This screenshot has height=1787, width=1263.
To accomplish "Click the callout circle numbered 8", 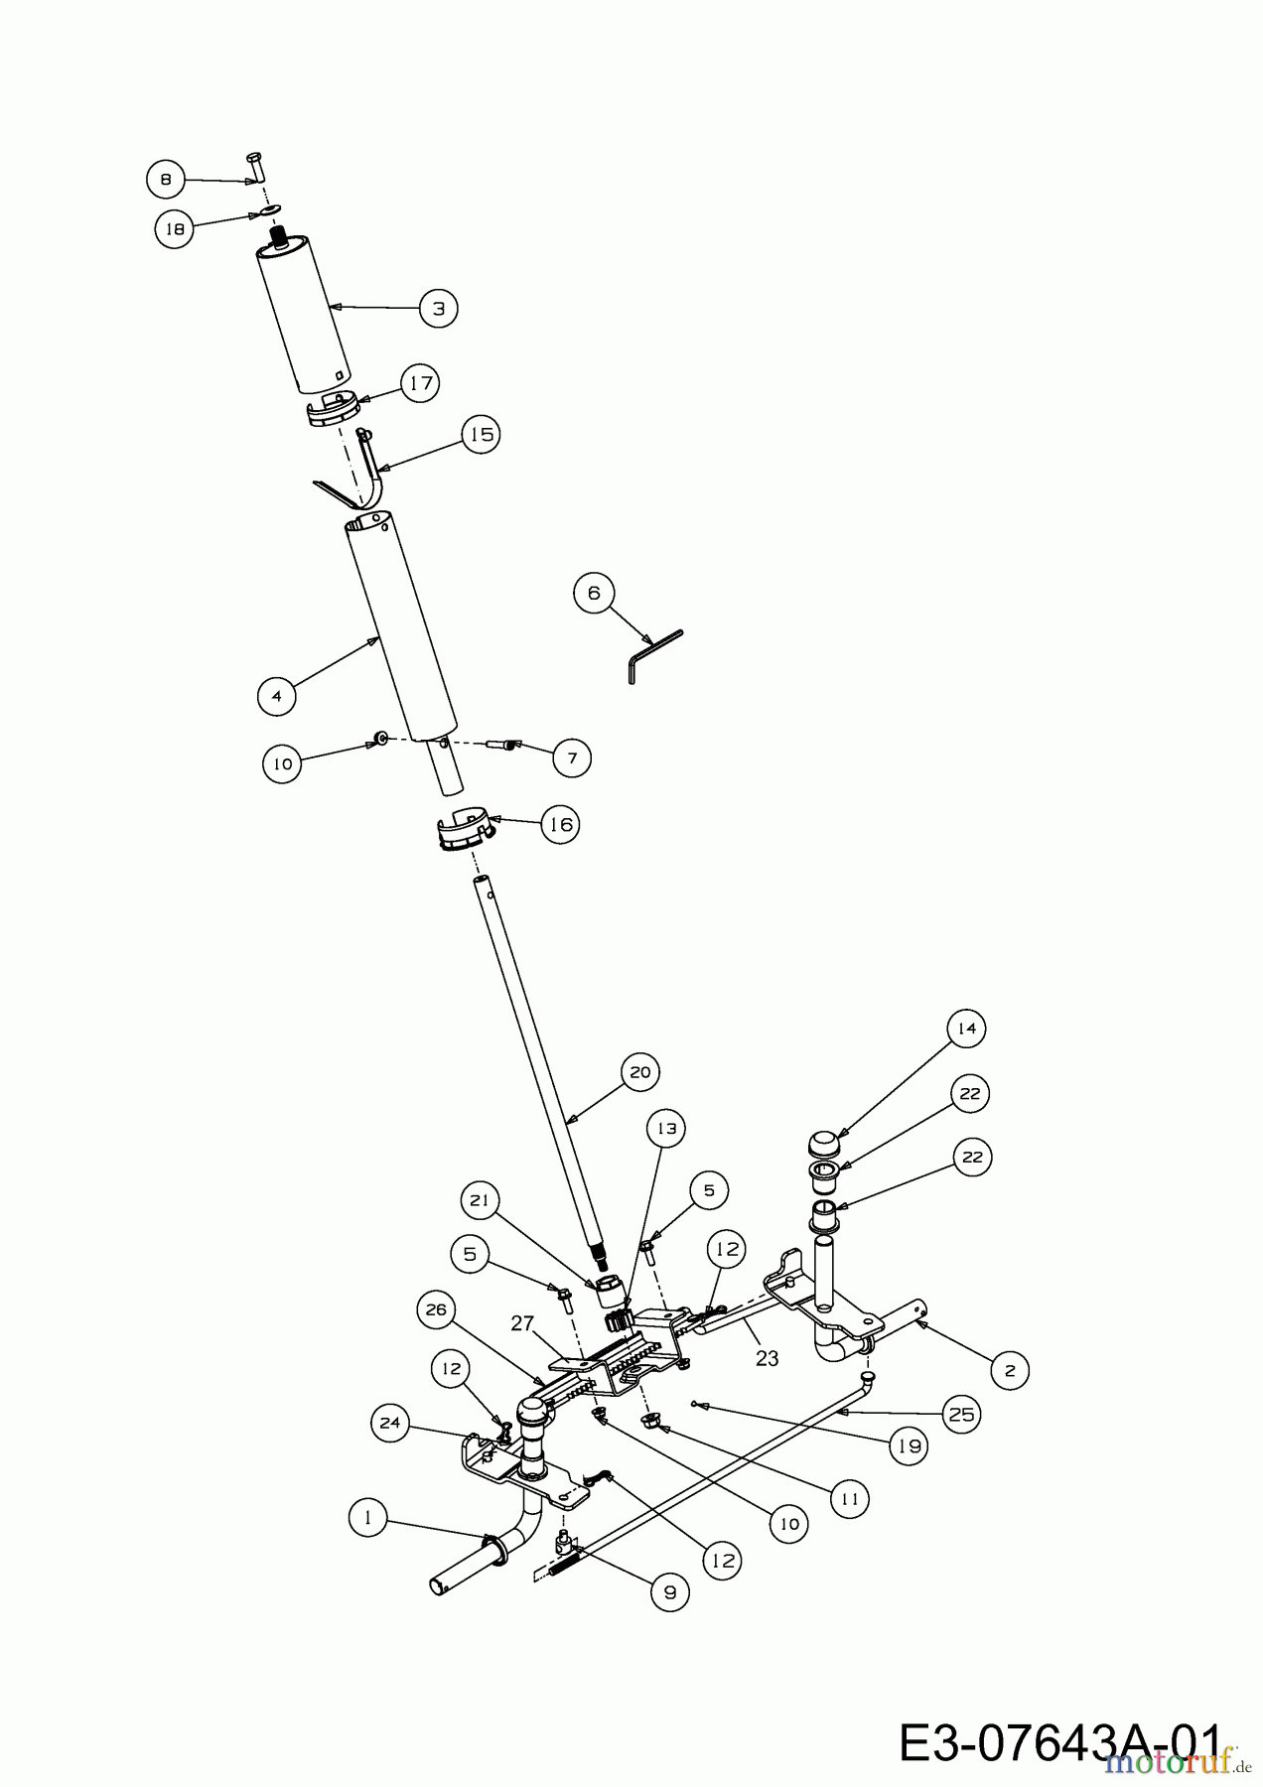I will tap(165, 180).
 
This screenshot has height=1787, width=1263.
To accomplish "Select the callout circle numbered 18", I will tap(174, 229).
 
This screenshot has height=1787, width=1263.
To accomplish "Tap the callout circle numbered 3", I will tap(438, 308).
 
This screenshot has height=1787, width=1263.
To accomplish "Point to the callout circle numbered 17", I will tap(420, 382).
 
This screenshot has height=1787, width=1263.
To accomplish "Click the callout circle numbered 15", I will tap(481, 434).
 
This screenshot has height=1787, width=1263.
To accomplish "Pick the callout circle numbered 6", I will tap(594, 593).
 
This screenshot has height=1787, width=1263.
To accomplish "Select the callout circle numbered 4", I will tap(276, 696).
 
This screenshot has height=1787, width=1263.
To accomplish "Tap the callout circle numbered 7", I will tap(571, 757).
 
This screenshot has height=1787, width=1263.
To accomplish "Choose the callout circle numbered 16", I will tap(560, 824).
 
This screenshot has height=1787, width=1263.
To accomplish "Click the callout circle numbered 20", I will tap(640, 1072).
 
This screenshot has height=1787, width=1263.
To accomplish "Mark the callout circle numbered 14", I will tap(966, 1029).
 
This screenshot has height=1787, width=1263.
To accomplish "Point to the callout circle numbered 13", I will tap(666, 1129).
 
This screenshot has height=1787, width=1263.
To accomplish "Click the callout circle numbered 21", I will tap(480, 1200).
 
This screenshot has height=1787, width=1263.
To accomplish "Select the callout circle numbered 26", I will tap(435, 1310).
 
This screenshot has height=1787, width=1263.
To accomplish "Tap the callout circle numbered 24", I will tap(389, 1423).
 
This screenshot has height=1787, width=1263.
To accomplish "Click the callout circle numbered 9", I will tap(669, 1592).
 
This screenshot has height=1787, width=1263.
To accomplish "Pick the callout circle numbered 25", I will tap(961, 1414).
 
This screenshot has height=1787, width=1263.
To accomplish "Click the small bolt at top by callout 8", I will tap(255, 166).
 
